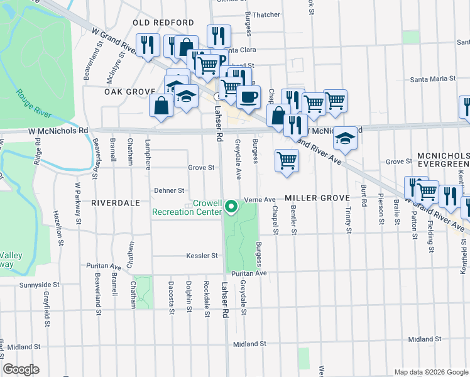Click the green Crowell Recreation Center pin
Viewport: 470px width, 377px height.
pyautogui.click(x=231, y=205)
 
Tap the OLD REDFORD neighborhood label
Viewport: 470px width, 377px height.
pyautogui.click(x=163, y=23)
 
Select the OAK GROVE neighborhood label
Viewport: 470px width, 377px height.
pyautogui.click(x=129, y=92)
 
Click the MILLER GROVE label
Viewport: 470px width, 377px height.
pyautogui.click(x=316, y=198)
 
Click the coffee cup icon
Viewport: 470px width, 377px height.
pyautogui.click(x=248, y=97)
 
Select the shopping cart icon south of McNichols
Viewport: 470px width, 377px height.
pyautogui.click(x=287, y=160)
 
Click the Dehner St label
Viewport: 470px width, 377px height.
pyautogui.click(x=169, y=190)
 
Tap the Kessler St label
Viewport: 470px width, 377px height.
pyautogui.click(x=201, y=256)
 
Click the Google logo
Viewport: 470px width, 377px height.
pyautogui.click(x=21, y=369)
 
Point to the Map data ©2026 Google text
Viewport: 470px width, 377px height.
pyautogui.click(x=430, y=372)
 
